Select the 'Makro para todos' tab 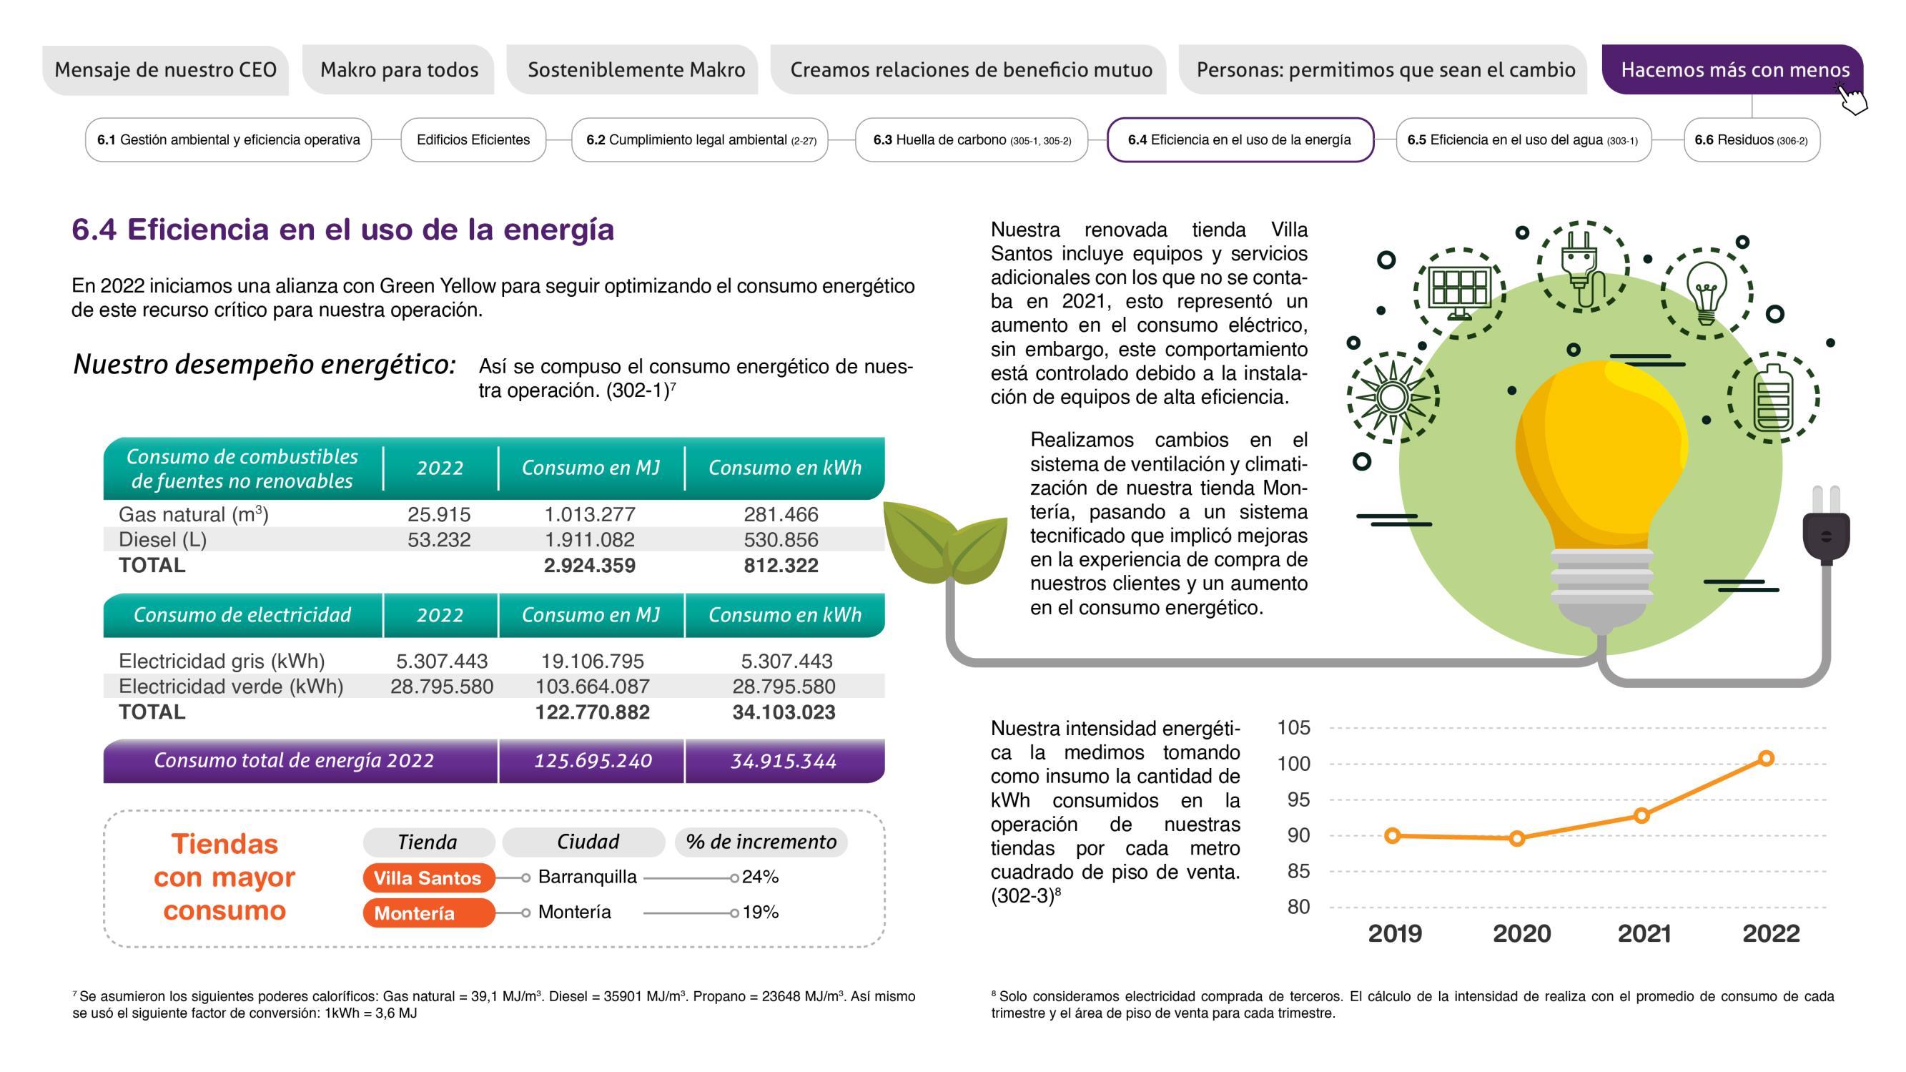point(399,69)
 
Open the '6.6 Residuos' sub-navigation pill point(1751,140)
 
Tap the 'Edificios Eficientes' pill point(473,140)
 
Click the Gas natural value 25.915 point(439,514)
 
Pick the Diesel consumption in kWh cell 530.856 point(781,540)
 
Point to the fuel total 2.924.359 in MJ point(589,566)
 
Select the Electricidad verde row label point(231,687)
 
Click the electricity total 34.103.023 point(784,712)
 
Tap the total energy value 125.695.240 point(593,761)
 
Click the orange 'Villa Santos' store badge point(428,878)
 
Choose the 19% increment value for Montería point(760,912)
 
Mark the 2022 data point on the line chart point(1766,758)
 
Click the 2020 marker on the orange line point(1517,838)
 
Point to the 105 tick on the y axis point(1293,728)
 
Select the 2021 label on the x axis point(1644,933)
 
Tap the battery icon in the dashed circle point(1774,398)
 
